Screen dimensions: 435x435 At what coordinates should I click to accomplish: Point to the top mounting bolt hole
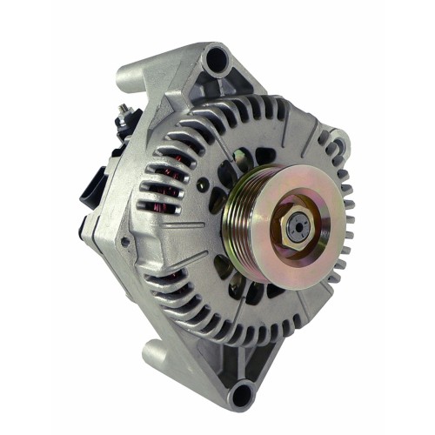click(214, 60)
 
